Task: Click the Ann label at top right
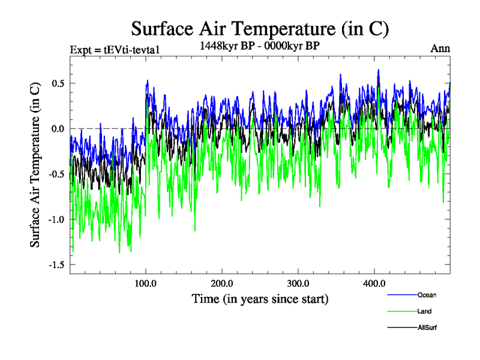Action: [x=440, y=49]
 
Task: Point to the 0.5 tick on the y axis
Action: [x=58, y=83]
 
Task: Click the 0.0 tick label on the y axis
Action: [x=58, y=128]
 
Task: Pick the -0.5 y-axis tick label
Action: [x=56, y=174]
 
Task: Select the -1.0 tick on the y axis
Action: [x=56, y=219]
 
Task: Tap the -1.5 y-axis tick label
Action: [x=56, y=265]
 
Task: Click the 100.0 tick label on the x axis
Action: [x=146, y=283]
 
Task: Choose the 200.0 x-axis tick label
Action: [x=222, y=283]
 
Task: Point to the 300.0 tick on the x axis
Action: [x=298, y=283]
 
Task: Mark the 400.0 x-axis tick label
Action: [x=374, y=283]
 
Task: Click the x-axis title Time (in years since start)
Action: [x=260, y=298]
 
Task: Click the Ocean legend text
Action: [x=426, y=295]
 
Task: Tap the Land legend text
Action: [x=424, y=311]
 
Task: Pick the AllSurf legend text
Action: [x=427, y=328]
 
